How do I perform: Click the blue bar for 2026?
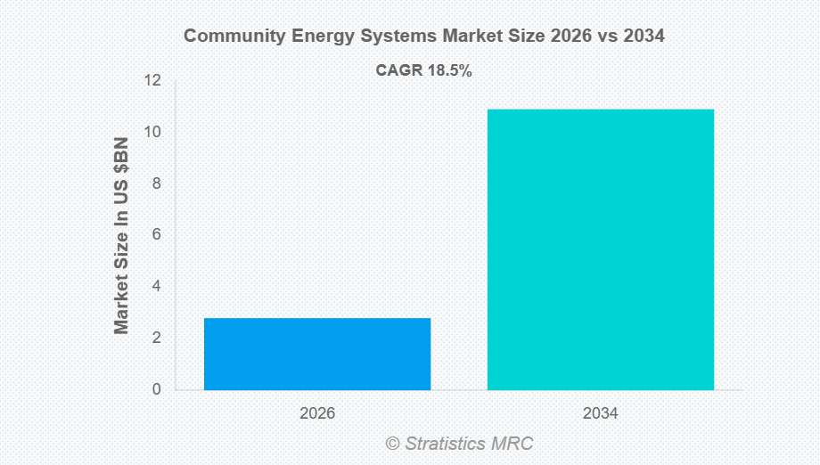click(317, 354)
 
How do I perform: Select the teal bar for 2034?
click(600, 249)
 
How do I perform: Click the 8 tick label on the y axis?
click(156, 184)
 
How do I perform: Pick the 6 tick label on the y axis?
click(156, 235)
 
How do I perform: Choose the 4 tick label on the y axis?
click(156, 287)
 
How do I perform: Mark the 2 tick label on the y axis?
click(156, 339)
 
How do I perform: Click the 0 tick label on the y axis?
click(156, 389)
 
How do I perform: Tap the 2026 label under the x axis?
click(317, 414)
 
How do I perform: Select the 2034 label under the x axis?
click(600, 414)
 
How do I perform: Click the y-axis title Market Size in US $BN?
click(122, 235)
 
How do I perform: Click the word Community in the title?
click(230, 37)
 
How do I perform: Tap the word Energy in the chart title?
click(315, 37)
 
